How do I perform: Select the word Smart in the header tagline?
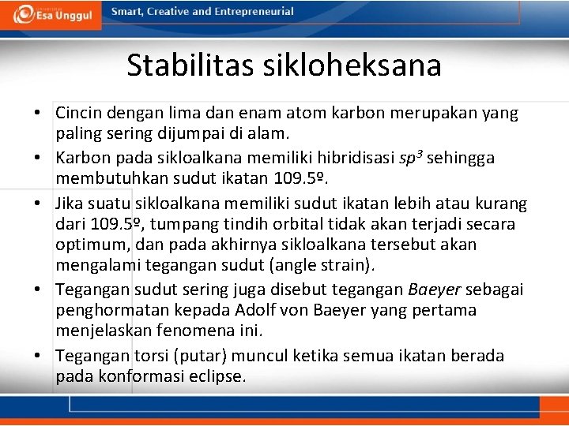tap(126, 12)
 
